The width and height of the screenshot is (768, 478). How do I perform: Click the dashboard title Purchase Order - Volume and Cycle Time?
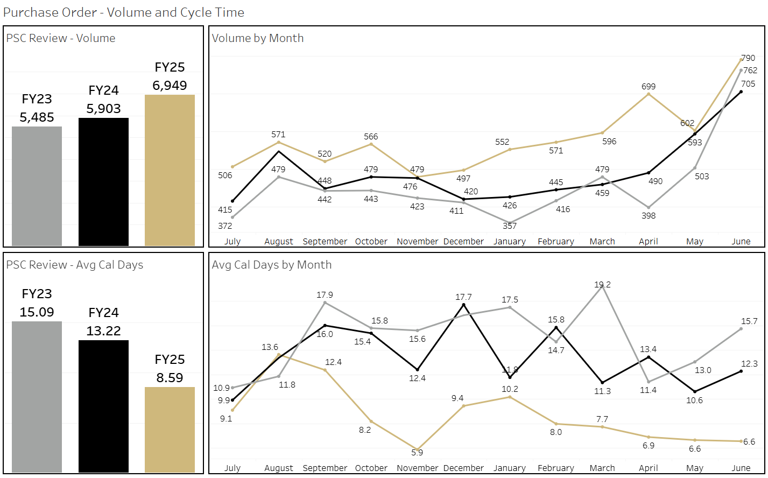[x=124, y=12]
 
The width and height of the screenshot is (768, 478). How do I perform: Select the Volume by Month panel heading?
[x=258, y=38]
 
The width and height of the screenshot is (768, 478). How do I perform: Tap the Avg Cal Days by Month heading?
[x=272, y=265]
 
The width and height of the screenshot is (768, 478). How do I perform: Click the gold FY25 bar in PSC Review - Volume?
[x=170, y=170]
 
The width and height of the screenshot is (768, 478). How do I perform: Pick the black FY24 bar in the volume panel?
[x=103, y=181]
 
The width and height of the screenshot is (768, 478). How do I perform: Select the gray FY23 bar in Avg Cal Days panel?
[x=37, y=397]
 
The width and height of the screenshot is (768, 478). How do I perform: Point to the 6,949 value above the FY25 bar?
[x=170, y=86]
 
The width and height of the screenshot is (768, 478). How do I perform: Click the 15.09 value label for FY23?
[x=37, y=312]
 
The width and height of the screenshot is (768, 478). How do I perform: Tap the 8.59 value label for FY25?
[x=170, y=378]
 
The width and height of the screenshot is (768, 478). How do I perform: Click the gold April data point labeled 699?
[x=649, y=94]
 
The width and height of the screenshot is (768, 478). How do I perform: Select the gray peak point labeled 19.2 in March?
[x=602, y=285]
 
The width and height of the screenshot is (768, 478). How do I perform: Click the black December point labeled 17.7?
[x=463, y=305]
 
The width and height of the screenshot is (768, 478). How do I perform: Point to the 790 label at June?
[x=748, y=58]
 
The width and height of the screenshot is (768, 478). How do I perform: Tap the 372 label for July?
[x=225, y=226]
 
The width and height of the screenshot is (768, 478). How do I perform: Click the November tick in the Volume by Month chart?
[x=417, y=242]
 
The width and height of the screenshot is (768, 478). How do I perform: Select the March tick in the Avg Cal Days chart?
[x=602, y=468]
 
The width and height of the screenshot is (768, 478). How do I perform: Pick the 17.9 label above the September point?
[x=325, y=295]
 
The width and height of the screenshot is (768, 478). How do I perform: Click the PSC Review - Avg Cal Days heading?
[x=75, y=265]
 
